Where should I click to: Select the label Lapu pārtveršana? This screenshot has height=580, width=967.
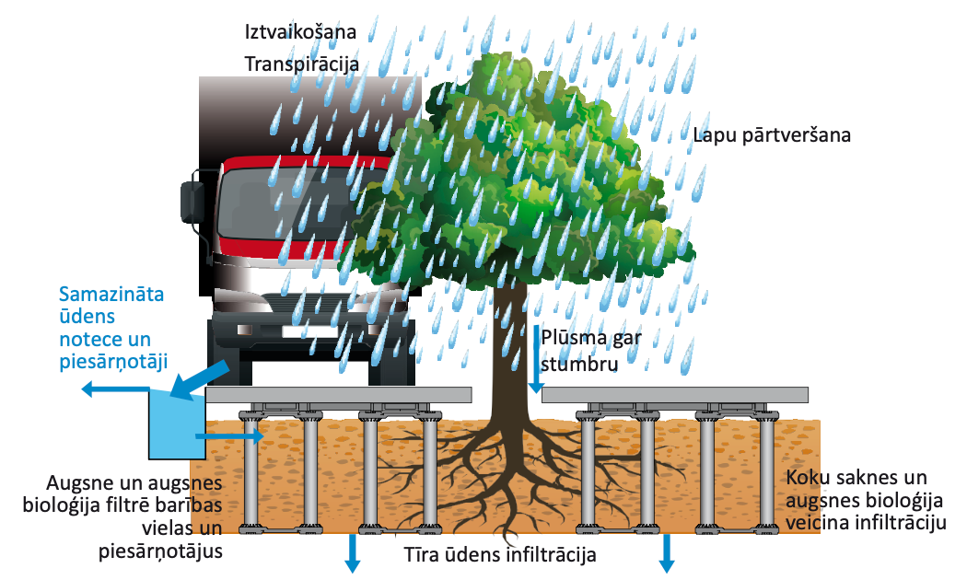[x=771, y=133]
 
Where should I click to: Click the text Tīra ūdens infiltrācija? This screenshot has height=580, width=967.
[x=500, y=555]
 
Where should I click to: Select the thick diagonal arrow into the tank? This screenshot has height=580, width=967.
[x=204, y=379]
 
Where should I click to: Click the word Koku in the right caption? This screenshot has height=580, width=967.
[x=806, y=481]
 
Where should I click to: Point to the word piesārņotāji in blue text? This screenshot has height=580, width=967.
[x=113, y=361]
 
